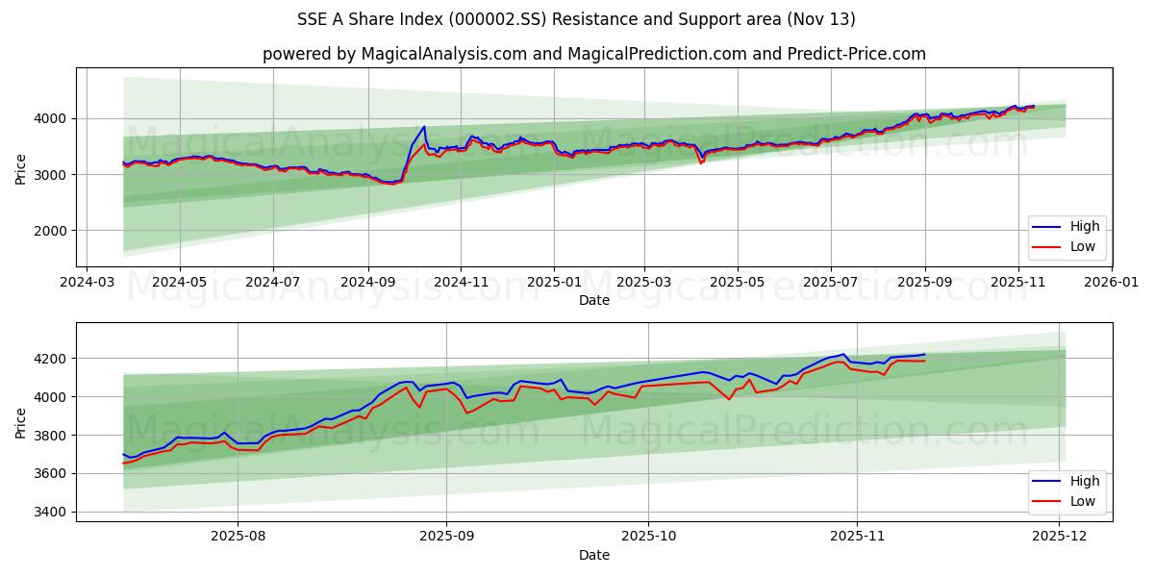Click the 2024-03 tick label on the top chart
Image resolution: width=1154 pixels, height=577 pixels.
[x=88, y=283]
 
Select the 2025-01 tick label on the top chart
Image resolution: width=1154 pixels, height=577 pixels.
[x=553, y=283]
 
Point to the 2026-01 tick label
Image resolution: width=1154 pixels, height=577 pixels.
[x=1111, y=283]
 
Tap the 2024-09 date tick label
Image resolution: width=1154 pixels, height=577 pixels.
[x=367, y=283]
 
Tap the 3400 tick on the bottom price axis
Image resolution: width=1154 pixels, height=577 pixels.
[x=49, y=512]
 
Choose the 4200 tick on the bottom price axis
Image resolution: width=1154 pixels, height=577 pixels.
[x=49, y=359]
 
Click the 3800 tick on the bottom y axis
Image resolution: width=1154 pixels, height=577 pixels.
[x=49, y=436]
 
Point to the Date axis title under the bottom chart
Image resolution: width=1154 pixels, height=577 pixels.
[x=593, y=555]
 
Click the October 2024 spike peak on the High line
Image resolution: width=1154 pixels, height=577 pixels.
[x=424, y=126]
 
